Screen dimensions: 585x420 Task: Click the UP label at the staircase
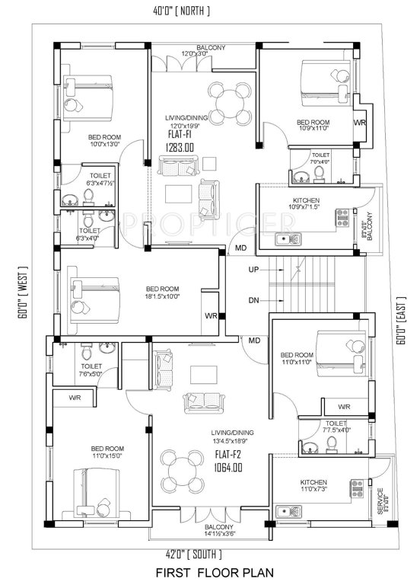253,270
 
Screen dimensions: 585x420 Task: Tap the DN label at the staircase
253,300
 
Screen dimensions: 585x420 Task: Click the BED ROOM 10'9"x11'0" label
313,126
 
